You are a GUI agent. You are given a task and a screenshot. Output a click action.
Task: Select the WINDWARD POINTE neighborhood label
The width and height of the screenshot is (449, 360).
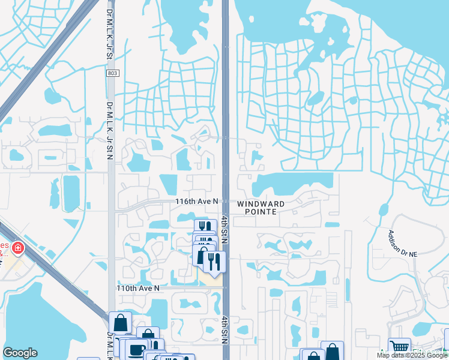261,208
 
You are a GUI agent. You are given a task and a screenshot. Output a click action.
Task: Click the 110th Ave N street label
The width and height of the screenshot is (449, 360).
138,288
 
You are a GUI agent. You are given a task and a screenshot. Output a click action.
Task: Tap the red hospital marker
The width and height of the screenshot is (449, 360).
18,247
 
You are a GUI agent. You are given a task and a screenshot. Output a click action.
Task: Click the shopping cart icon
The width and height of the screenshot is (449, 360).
399,347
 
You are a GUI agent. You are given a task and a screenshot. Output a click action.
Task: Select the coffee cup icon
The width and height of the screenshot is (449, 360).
136,350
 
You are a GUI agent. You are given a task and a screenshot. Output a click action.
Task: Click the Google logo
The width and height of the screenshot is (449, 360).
20,353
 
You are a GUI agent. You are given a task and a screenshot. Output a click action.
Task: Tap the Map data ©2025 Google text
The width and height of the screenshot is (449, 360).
411,355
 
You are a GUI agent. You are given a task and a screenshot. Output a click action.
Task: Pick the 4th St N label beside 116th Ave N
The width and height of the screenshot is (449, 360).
224,228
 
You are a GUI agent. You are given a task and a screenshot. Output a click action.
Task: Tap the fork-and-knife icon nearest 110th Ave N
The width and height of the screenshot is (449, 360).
214,261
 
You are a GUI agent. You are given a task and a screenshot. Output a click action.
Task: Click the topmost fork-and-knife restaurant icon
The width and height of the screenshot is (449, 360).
205,227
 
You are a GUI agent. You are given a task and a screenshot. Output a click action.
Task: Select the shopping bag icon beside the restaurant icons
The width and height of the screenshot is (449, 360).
202,256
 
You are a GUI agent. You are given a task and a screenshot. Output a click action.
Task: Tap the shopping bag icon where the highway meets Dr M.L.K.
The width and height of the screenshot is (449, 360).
120,322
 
